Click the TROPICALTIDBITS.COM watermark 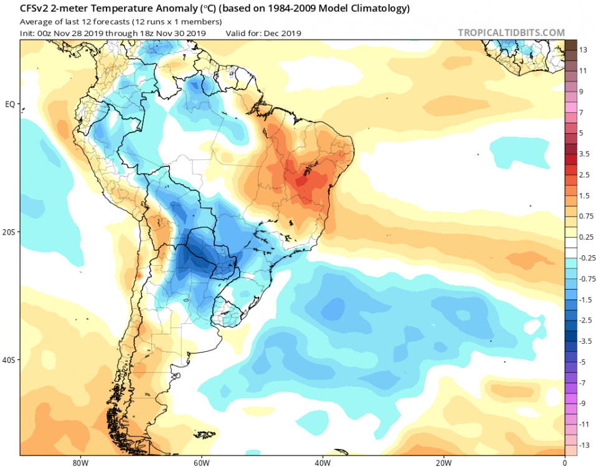click(511, 32)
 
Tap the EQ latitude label click(10, 104)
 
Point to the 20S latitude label click(9, 232)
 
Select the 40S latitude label click(9, 360)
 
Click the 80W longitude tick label click(78, 462)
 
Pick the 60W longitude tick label click(200, 462)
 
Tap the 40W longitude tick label click(321, 462)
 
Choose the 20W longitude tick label click(443, 462)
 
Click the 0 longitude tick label click(564, 462)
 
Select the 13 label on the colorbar click(583, 50)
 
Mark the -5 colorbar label click(583, 361)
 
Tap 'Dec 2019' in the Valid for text click(283, 32)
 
